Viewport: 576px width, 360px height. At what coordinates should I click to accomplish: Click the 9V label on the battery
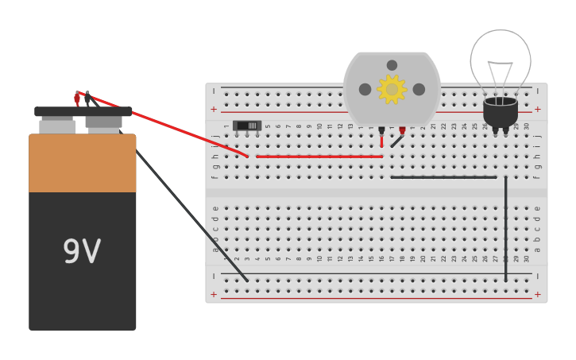point(82,252)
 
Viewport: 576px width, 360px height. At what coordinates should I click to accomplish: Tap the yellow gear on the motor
point(392,89)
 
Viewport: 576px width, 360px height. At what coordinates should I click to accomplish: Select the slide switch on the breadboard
point(247,126)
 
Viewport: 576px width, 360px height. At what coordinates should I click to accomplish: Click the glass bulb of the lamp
point(501,57)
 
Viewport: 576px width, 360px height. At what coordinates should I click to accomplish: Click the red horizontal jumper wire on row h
point(318,157)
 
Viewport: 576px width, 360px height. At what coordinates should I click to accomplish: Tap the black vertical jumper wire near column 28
point(505,230)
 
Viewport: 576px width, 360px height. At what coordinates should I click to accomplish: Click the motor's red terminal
point(402,130)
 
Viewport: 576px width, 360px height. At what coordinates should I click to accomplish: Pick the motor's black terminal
point(381,130)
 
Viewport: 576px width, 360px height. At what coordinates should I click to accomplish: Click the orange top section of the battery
point(83,163)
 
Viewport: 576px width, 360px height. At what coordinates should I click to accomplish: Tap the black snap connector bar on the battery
point(83,111)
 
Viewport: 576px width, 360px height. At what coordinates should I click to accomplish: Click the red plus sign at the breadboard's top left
point(214,109)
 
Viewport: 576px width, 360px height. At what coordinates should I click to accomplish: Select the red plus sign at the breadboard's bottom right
point(538,295)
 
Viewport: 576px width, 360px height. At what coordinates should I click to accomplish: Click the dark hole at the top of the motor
point(392,65)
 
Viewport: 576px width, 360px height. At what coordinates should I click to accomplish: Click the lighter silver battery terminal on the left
point(57,126)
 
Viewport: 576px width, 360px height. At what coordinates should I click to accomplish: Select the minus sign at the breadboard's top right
point(538,91)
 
